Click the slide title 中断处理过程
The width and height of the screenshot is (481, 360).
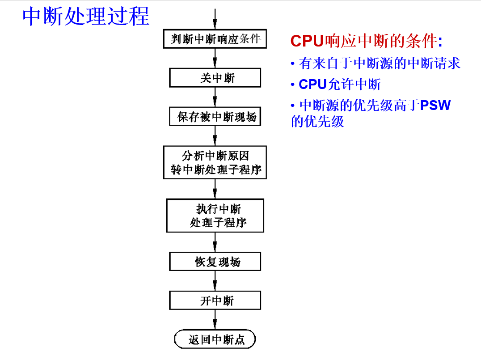click(86, 17)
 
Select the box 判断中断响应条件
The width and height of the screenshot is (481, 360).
click(215, 39)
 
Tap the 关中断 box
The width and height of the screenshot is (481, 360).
click(215, 78)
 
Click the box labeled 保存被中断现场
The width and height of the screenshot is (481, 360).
click(215, 117)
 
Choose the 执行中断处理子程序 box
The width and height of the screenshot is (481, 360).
click(215, 216)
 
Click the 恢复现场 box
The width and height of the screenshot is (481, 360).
click(215, 262)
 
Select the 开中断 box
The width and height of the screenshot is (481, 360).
click(215, 301)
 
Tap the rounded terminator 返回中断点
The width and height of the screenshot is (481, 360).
click(215, 339)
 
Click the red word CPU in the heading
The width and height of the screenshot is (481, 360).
click(307, 41)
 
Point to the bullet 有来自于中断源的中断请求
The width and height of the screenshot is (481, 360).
click(379, 64)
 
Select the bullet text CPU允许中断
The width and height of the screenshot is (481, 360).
click(339, 84)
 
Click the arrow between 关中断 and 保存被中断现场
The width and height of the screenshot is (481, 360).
click(215, 97)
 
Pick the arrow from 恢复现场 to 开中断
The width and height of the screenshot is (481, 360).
click(215, 281)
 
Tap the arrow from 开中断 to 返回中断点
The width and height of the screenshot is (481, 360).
click(215, 320)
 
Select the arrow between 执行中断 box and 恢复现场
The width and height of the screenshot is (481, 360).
click(215, 242)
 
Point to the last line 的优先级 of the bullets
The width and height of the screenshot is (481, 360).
click(317, 121)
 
